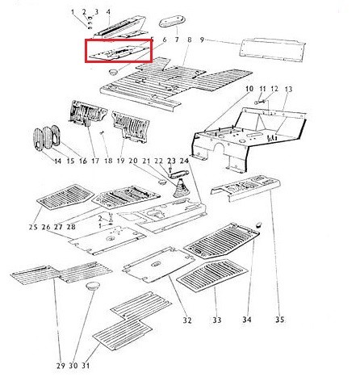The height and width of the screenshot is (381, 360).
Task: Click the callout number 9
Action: [x=202, y=40]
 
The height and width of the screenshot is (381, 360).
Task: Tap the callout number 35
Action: [x=279, y=320]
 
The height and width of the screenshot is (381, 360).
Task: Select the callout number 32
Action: [x=187, y=320]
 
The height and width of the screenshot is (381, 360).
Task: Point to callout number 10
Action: [x=249, y=89]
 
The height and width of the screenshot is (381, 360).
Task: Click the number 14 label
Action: [x=58, y=161]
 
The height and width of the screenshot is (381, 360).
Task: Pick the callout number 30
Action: [x=73, y=366]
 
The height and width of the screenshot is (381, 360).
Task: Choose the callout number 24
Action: [x=184, y=161]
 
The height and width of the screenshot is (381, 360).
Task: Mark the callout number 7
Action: [x=177, y=40]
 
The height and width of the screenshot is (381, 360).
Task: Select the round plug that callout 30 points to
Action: [x=92, y=286]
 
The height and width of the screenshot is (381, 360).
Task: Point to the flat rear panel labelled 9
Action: [x=273, y=50]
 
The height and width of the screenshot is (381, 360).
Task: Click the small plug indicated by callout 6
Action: [x=113, y=72]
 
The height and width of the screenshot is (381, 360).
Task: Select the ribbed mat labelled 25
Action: [x=65, y=197]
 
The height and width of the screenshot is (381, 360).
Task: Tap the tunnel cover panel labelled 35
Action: [x=246, y=186]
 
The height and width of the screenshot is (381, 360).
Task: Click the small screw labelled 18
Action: [x=103, y=132]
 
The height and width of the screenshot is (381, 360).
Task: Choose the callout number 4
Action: [x=108, y=12]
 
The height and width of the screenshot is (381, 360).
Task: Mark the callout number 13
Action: [x=288, y=89]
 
